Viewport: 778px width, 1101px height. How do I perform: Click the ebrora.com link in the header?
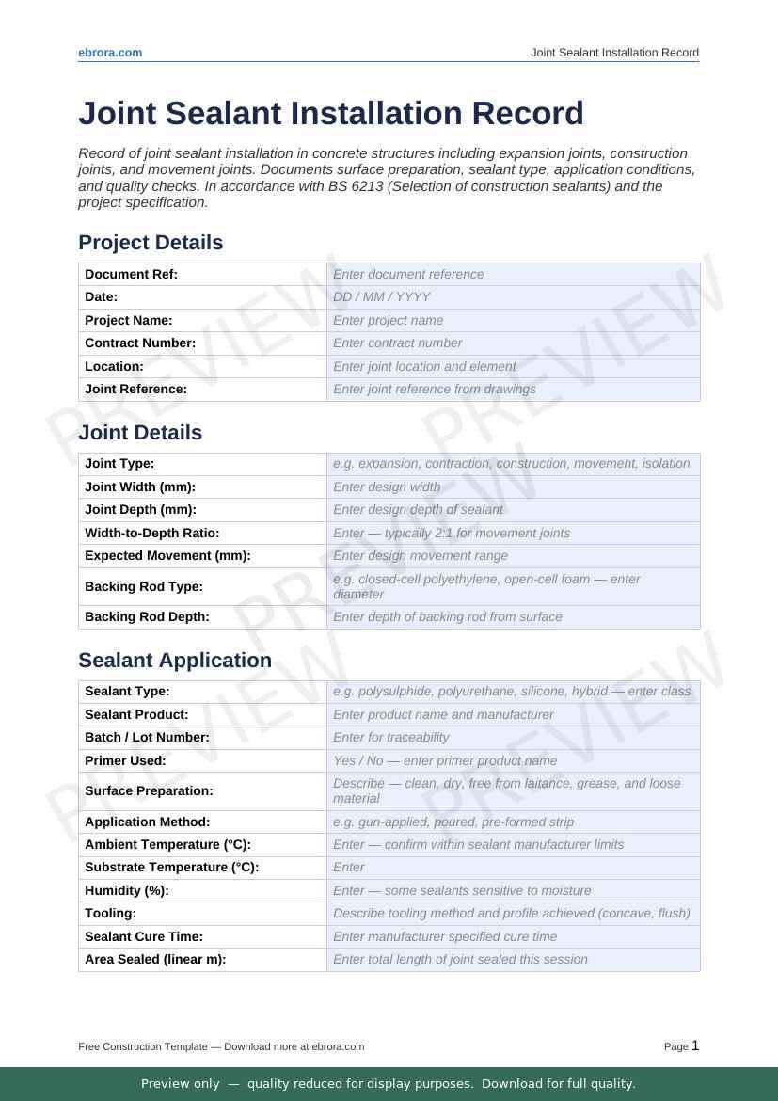[x=110, y=53]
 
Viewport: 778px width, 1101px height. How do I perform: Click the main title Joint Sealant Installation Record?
[x=330, y=113]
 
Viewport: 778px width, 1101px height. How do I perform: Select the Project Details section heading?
[x=151, y=243]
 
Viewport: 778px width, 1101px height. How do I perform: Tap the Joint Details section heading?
[x=140, y=433]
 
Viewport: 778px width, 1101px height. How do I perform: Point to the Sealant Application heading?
[x=175, y=661]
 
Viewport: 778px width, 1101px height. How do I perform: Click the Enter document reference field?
[x=513, y=274]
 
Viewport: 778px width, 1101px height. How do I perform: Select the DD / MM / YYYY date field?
[x=513, y=296]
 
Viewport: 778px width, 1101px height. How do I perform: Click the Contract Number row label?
[x=140, y=343]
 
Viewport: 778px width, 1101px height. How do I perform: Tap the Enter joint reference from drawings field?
[x=513, y=390]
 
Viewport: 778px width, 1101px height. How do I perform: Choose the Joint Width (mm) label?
[x=140, y=487]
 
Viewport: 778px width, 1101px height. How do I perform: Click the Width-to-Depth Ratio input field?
[x=513, y=534]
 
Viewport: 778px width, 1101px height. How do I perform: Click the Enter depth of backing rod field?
[x=513, y=617]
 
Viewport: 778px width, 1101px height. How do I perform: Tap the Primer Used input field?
[x=513, y=760]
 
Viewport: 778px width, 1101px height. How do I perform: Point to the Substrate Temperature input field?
[x=513, y=868]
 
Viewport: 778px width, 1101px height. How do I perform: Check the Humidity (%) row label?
[x=127, y=890]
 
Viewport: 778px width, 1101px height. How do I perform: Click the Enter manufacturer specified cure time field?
[x=513, y=936]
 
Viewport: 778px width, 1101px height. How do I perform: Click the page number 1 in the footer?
[x=695, y=1045]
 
